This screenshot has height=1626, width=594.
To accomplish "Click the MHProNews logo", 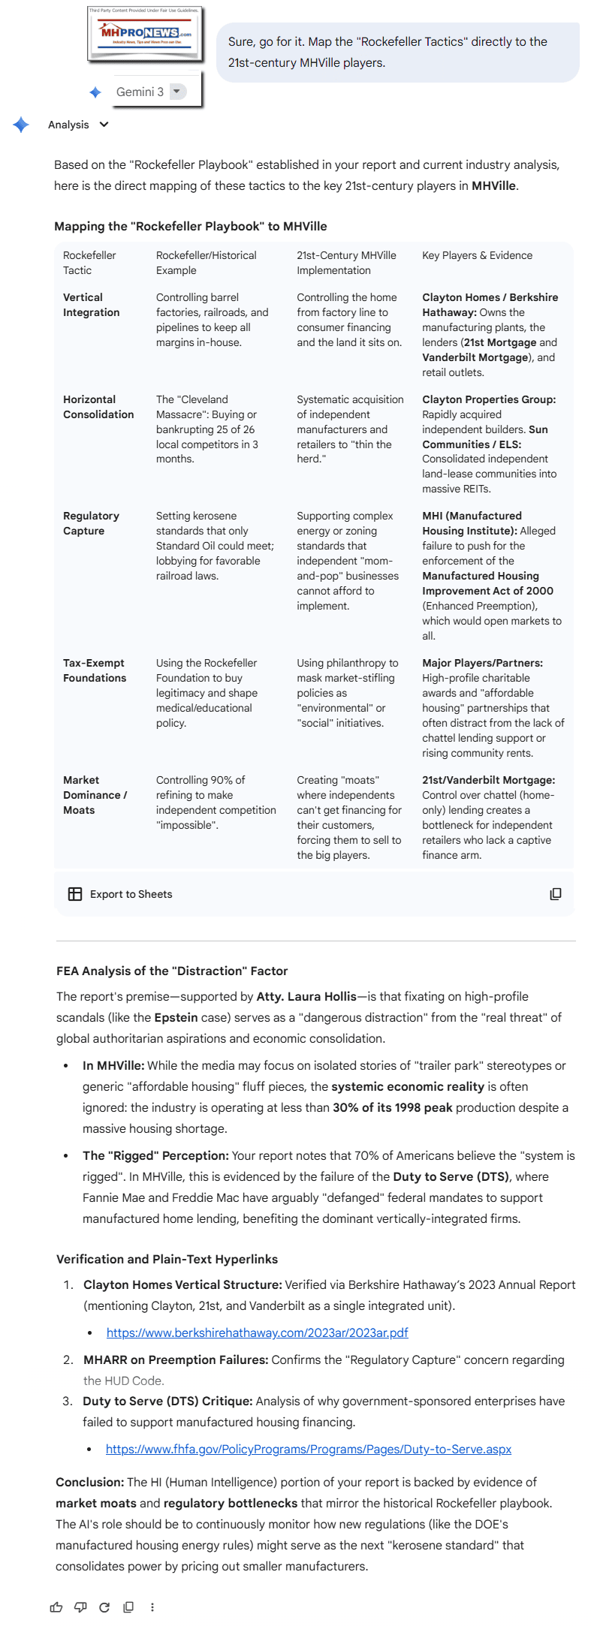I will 146,34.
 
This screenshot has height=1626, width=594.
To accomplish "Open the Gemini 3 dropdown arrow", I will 177,92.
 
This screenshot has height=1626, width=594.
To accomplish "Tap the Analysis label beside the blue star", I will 68,125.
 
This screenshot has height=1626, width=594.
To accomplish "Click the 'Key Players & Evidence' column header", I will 477,255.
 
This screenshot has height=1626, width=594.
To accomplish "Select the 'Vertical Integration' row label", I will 91,305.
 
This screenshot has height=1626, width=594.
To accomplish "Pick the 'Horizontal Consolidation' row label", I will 98,407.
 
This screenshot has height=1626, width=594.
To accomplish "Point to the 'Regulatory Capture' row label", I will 91,523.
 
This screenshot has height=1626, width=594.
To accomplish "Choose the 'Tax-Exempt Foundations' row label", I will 95,670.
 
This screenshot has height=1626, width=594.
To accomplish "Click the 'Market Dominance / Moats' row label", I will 95,795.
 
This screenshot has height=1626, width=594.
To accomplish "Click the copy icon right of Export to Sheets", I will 556,894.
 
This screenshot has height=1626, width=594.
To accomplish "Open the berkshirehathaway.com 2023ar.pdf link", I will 257,1332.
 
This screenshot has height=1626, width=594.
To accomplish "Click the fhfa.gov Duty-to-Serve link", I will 308,1449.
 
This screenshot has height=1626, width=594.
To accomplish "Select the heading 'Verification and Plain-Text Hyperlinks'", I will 167,1259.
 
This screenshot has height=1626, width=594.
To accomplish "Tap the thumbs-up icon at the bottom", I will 56,1607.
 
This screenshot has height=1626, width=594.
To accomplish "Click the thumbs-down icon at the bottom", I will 80,1607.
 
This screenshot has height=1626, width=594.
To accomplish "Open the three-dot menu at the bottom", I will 152,1607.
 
